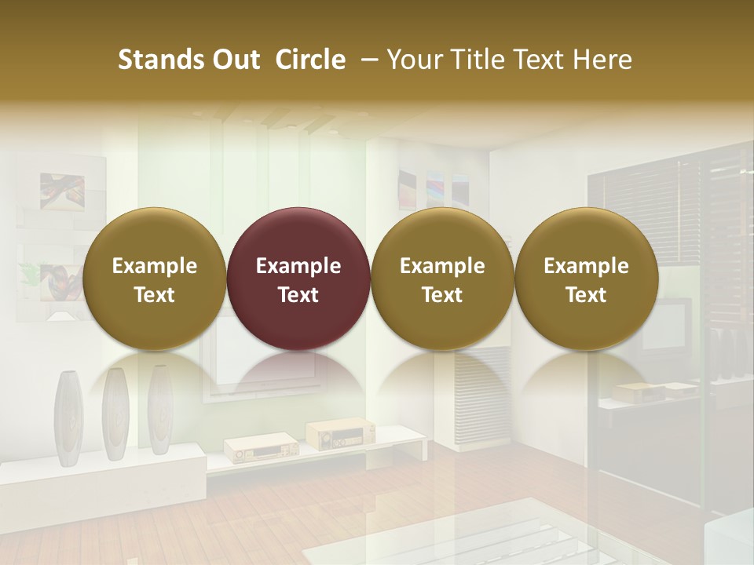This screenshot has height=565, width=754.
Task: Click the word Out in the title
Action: click(234, 60)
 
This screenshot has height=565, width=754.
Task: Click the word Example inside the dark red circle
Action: click(298, 266)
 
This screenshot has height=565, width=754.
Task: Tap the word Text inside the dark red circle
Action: click(298, 295)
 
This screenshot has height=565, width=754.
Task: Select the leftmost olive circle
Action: click(155, 279)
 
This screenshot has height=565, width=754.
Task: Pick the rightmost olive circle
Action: click(586, 279)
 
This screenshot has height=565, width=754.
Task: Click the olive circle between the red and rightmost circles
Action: click(442, 279)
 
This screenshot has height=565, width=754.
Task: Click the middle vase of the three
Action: click(115, 414)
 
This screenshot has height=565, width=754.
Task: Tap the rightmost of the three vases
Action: click(160, 410)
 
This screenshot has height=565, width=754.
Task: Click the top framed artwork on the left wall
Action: click(62, 191)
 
